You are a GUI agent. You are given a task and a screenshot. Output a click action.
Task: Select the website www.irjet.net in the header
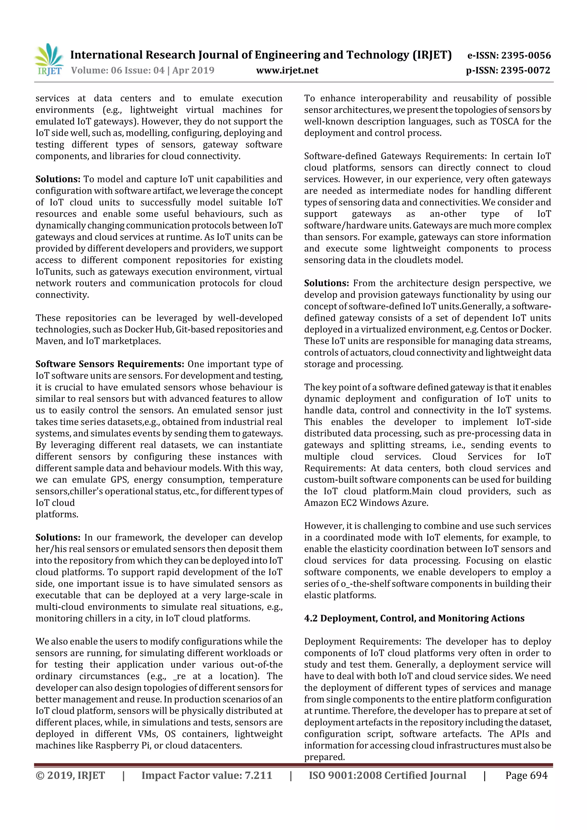(x=287, y=70)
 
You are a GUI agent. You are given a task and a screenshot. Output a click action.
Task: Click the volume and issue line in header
(x=142, y=70)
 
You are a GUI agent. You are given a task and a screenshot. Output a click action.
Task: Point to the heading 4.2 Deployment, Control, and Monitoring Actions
(x=414, y=618)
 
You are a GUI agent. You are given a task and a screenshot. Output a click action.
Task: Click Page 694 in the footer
(x=526, y=775)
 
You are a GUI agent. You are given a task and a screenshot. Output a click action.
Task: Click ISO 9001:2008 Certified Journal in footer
(x=387, y=775)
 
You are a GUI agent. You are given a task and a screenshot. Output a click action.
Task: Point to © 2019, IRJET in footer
(x=70, y=775)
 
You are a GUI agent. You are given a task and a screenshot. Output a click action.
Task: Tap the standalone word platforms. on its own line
(x=57, y=514)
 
